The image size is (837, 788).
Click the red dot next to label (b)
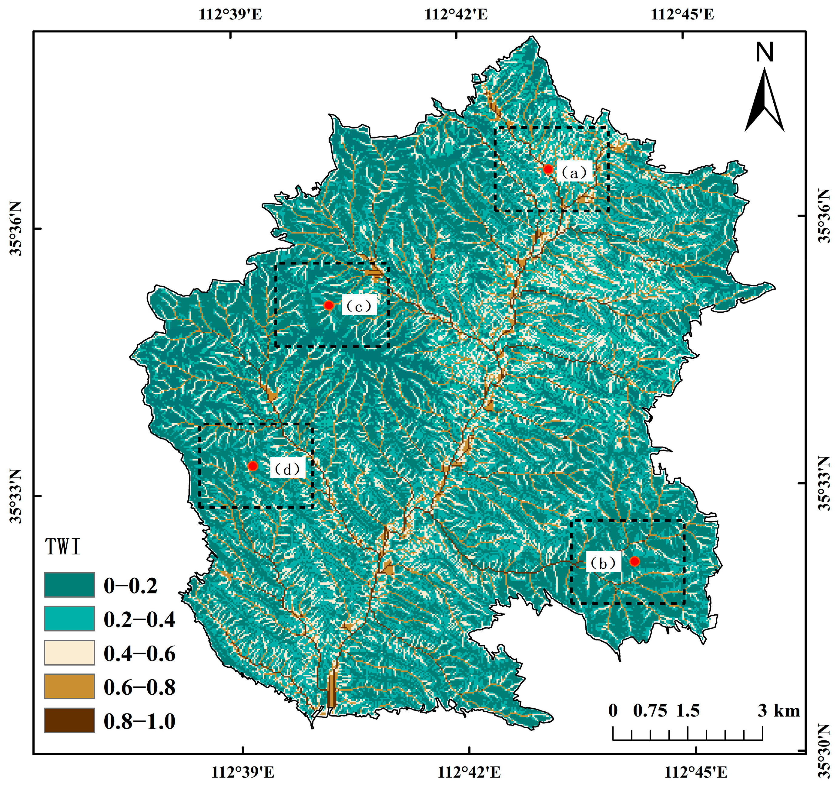coord(634,561)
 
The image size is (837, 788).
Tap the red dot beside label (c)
coord(329,305)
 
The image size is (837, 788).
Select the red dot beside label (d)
coord(253,466)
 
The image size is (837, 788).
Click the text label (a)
coord(575,172)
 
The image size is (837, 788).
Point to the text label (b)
coord(603,563)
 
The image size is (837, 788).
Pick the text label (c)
coord(359,306)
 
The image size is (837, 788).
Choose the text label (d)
coord(287,469)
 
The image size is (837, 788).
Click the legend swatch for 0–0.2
coord(69,585)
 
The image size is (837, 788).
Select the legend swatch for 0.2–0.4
coord(69,618)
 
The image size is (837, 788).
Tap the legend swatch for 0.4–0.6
coord(69,653)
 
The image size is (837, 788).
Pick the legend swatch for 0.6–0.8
coord(69,687)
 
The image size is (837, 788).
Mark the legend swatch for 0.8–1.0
coord(69,721)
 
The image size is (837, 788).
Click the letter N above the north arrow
coord(765,53)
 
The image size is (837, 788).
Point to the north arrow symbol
coord(764,101)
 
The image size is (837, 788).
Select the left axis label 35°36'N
coord(15,228)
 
